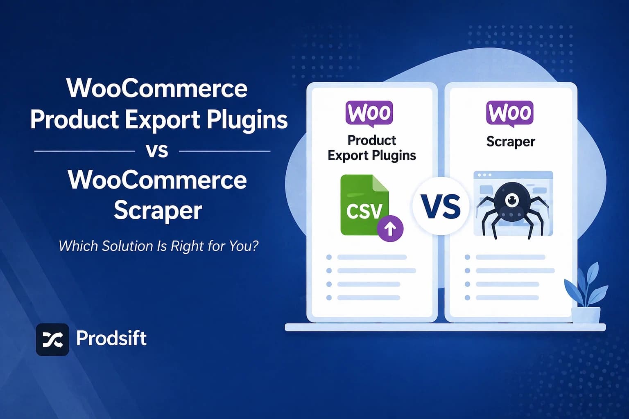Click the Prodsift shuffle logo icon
52,339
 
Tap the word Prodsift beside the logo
111,338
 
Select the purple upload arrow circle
390,228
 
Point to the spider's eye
511,200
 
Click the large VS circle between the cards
441,206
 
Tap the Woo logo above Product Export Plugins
369,113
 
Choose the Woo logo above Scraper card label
510,113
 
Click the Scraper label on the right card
511,142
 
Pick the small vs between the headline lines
157,151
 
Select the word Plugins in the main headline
247,120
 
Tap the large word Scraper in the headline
158,210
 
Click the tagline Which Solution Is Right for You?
158,246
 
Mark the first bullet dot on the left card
329,257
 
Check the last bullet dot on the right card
467,298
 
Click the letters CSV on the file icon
364,211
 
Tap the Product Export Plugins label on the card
372,148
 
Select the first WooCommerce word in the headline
157,88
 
